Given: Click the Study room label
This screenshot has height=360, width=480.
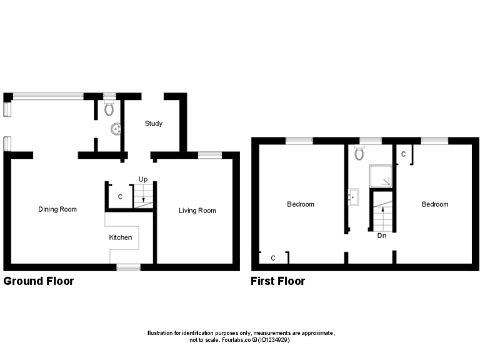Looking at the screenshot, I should (154, 123).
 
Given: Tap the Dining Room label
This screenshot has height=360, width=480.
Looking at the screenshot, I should (57, 209).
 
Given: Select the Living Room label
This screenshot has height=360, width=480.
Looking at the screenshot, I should (197, 211).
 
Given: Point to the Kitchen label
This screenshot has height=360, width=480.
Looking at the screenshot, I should (121, 237).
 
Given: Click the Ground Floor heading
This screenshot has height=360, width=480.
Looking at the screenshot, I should (39, 281).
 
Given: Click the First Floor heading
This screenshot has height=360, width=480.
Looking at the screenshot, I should (278, 281).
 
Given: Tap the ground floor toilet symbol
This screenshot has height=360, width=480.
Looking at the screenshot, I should (110, 109).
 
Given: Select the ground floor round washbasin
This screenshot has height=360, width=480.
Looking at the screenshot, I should (116, 129).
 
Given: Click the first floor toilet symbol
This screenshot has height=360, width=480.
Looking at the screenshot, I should (359, 153).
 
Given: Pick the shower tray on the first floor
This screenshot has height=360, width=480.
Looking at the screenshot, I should (381, 176).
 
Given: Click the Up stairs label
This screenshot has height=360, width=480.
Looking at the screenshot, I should (142, 179).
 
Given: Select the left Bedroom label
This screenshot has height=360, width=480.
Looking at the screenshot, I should (301, 204).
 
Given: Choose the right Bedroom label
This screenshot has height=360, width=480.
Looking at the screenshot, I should (435, 204).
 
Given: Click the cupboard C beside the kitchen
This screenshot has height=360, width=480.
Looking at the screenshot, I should (120, 197).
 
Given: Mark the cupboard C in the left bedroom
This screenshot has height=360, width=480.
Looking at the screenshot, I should (273, 257).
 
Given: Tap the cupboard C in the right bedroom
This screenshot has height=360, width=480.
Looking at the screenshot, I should (404, 154).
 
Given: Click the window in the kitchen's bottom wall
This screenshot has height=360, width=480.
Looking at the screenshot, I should (129, 267).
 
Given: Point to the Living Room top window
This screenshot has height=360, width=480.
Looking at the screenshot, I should (210, 154).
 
